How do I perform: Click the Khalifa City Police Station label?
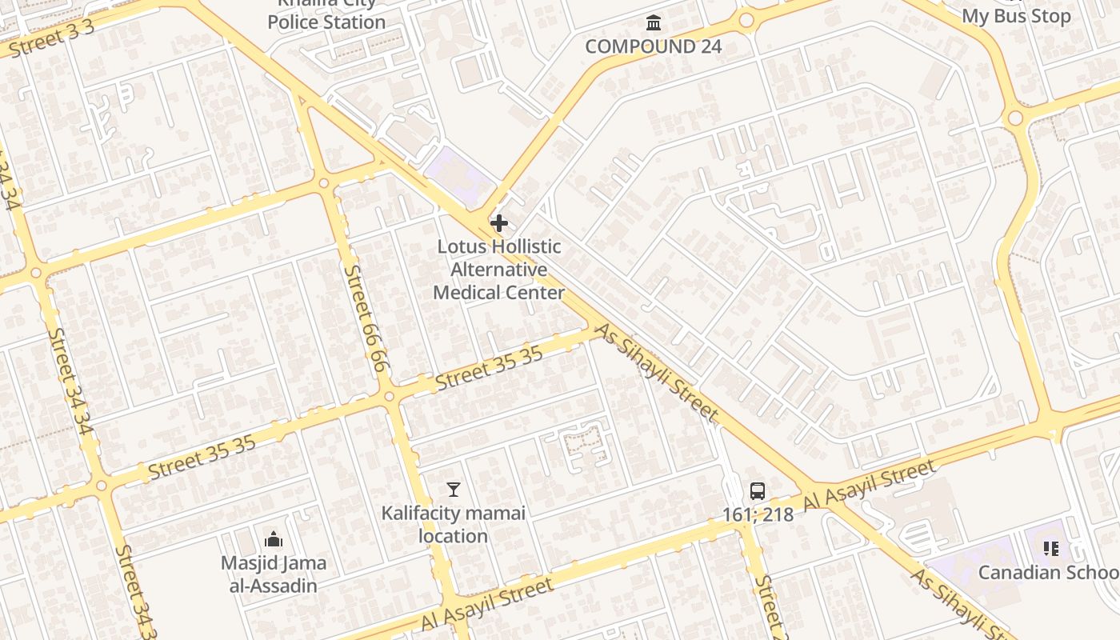point(326,14)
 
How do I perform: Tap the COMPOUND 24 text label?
point(653,46)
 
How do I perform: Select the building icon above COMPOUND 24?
point(654,22)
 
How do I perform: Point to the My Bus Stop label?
point(1015,16)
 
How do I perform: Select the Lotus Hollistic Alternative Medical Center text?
point(499,270)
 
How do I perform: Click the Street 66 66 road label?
point(366,318)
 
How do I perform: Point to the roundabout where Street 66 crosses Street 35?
point(389,396)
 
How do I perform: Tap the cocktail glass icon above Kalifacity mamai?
point(454,489)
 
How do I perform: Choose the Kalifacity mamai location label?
point(454,524)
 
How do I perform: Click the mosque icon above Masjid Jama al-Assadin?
point(274,539)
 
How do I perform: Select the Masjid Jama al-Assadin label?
point(274,574)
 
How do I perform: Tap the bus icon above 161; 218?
point(758,490)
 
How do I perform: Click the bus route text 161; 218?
point(758,514)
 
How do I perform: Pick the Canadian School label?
point(1048,573)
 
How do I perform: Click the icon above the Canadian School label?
point(1051,549)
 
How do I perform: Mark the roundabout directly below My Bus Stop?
point(1015,118)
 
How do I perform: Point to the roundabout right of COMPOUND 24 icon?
point(746,21)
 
